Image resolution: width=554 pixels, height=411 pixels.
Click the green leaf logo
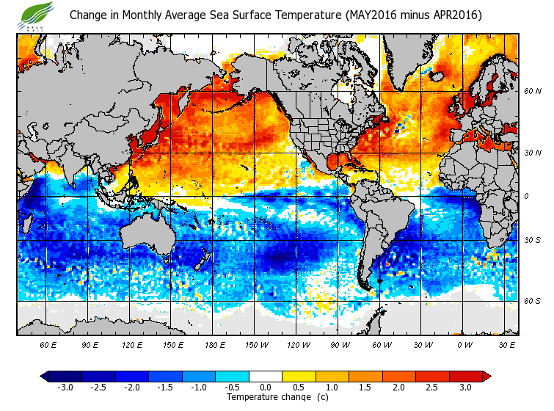click(37, 14)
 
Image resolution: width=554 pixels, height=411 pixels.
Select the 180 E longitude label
click(215, 344)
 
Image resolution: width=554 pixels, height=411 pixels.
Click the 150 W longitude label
click(257, 344)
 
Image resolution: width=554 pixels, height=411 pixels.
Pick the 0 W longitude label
click(464, 344)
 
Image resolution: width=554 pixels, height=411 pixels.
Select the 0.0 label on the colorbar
click(266, 387)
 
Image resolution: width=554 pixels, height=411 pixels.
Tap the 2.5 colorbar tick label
click(433, 387)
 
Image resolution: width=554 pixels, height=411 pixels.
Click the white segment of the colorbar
click(266, 376)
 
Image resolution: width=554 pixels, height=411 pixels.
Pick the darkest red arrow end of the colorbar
click(486, 376)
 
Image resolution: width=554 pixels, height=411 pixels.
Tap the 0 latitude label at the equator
click(525, 196)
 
